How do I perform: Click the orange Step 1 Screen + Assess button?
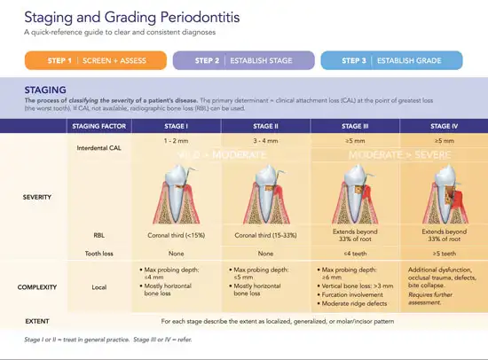95,60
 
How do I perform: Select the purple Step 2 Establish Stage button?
243,60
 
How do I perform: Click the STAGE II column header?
265,127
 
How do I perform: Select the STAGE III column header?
355,127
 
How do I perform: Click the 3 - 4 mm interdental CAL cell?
265,142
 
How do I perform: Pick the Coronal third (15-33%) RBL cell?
265,235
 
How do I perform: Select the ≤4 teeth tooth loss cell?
355,254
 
